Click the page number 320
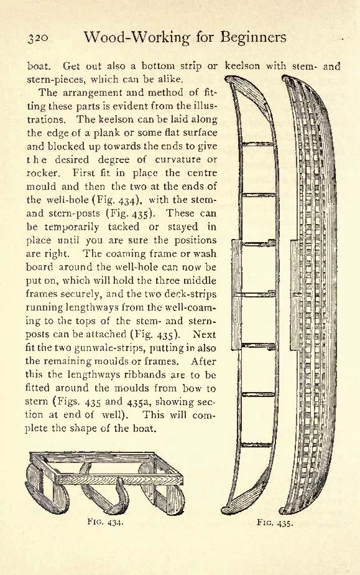coord(38,38)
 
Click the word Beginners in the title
coord(254,37)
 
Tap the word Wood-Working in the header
coord(137,37)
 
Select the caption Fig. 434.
coord(106,521)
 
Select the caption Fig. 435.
coord(275,522)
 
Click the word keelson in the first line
coord(242,66)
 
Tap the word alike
coord(168,79)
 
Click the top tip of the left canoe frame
coord(226,78)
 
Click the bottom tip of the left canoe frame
coord(222,512)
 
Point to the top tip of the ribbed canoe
coord(284,77)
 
